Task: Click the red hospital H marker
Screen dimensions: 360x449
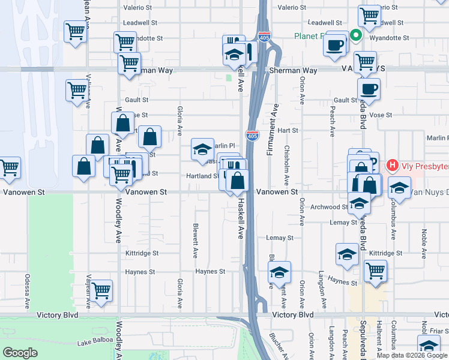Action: [x=393, y=164]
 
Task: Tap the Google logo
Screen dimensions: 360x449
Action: [x=20, y=353]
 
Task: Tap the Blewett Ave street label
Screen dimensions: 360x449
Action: [x=195, y=240]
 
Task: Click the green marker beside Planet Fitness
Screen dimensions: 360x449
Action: [x=355, y=35]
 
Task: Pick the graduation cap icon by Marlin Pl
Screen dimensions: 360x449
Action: [x=202, y=149]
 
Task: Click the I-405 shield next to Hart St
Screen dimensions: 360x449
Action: [x=252, y=136]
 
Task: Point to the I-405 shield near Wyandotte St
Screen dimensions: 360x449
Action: [x=264, y=37]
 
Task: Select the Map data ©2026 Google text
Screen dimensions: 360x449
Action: [x=411, y=355]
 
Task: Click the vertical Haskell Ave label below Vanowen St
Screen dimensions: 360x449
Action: [x=240, y=219]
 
